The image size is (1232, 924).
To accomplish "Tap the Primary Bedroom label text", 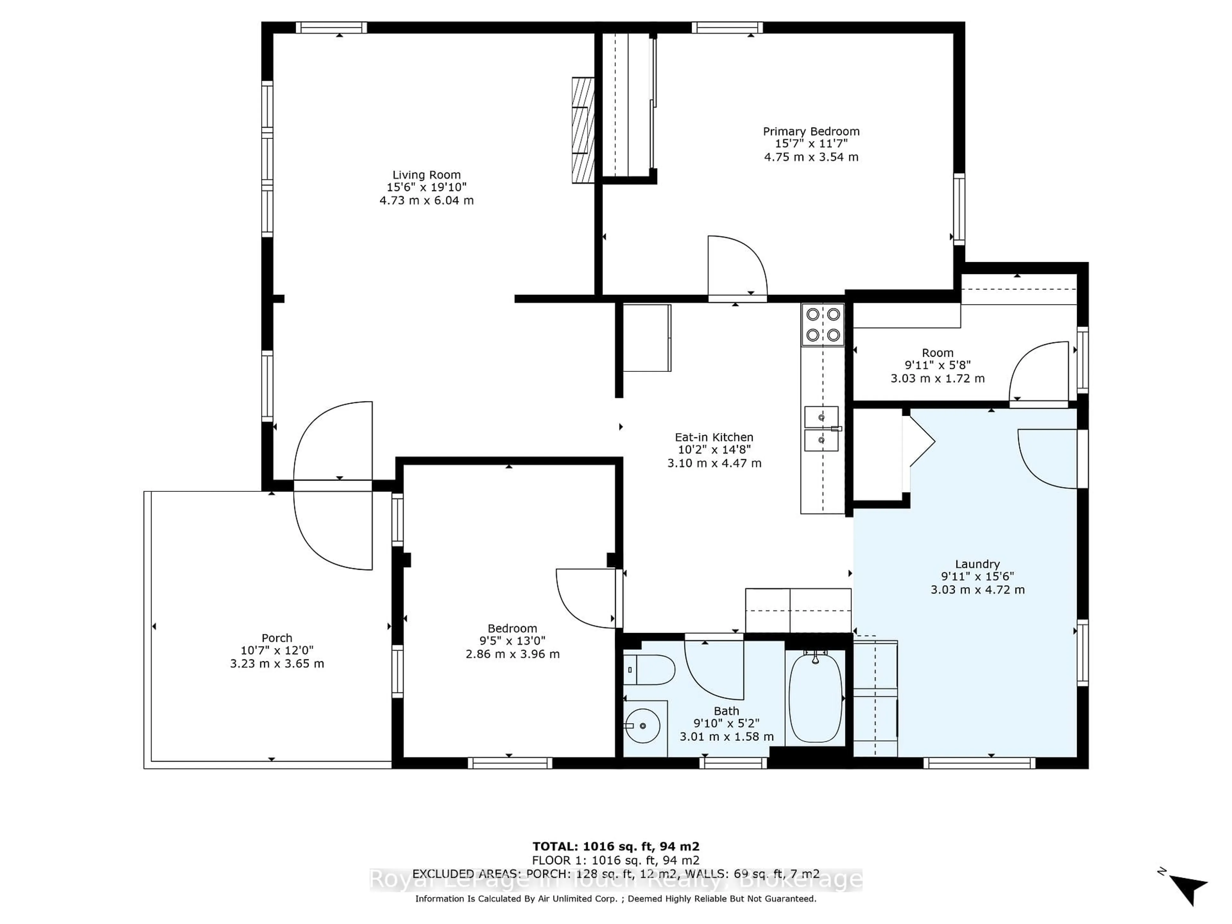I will tap(811, 132).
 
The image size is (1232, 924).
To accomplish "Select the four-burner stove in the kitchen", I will tap(823, 325).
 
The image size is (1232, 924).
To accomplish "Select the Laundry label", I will tap(978, 564).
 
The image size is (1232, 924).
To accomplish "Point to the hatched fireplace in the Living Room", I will tap(583, 130).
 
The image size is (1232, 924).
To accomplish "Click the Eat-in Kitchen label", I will tap(714, 437).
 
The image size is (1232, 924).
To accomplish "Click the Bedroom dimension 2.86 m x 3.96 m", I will tap(512, 654).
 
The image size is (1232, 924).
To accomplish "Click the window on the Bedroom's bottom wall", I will tap(509, 763).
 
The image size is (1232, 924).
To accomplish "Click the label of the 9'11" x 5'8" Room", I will tap(937, 353).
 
